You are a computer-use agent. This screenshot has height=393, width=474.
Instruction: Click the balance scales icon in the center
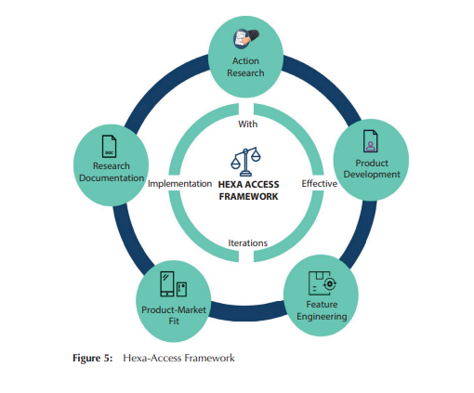(245, 162)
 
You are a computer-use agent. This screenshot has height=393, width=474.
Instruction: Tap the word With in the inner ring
(247, 124)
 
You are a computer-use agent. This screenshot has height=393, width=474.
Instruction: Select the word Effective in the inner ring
(320, 184)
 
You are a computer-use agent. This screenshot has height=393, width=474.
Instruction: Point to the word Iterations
(247, 243)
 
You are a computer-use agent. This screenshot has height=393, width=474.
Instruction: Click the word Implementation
(179, 184)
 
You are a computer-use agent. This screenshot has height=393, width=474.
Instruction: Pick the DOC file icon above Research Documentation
(109, 147)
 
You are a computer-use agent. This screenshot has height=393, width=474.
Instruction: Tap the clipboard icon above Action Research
(246, 39)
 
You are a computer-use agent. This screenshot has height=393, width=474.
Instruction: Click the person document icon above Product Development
(371, 141)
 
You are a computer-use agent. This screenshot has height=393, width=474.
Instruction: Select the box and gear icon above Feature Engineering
(323, 283)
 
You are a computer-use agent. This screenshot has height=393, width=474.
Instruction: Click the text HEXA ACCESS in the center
(248, 185)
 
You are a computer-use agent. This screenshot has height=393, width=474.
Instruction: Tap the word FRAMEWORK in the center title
(248, 197)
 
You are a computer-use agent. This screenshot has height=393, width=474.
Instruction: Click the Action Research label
(245, 67)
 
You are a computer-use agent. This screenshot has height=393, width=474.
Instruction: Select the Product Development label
(372, 169)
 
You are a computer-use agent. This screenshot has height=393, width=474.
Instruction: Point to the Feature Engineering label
(322, 310)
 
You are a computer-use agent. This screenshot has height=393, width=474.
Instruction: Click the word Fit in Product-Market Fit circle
(174, 321)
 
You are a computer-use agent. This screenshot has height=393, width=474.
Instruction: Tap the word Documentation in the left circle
(112, 178)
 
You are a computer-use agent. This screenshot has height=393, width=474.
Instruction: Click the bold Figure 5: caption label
(93, 358)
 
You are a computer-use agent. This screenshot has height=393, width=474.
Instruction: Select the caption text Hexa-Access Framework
(178, 358)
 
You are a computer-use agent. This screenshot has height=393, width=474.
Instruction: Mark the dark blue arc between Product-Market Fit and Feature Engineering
(247, 310)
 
